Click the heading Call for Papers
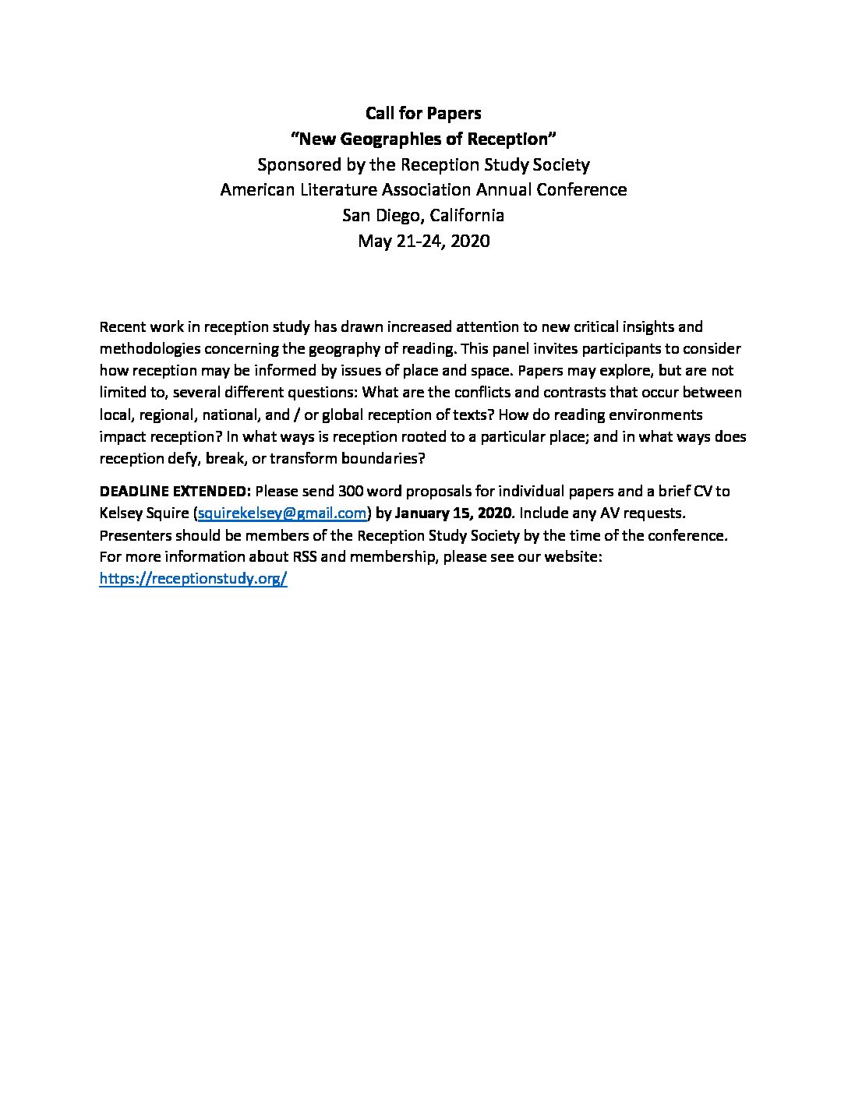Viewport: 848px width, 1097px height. click(x=423, y=114)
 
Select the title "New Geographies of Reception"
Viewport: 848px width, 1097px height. click(x=423, y=139)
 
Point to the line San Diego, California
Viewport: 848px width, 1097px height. click(x=423, y=215)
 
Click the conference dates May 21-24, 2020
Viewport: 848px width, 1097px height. click(x=423, y=241)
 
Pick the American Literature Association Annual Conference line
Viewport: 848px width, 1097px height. click(x=423, y=190)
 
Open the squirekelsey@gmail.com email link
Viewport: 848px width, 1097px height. click(x=282, y=513)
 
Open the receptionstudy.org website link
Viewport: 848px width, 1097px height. click(x=193, y=579)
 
